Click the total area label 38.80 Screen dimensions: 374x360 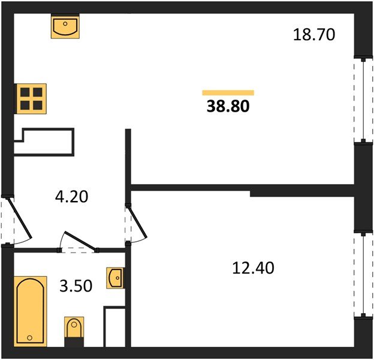228,106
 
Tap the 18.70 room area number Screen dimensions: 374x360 314,34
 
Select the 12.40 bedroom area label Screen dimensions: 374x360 253,268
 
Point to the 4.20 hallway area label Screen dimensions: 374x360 71,197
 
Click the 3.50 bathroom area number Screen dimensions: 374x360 76,286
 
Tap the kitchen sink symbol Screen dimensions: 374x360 65,26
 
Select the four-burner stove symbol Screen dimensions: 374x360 31,98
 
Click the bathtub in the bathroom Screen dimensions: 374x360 31,311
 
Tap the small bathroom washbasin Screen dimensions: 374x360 116,278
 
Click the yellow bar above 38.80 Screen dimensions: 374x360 228,92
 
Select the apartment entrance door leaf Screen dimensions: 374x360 20,218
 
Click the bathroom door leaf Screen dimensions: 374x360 80,241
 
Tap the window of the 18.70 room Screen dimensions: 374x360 363,100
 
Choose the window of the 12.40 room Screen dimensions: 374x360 363,275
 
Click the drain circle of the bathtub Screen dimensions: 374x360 29,338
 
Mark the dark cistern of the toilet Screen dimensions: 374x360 74,342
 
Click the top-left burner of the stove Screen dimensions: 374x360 25,92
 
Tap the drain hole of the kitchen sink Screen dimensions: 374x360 65,23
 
